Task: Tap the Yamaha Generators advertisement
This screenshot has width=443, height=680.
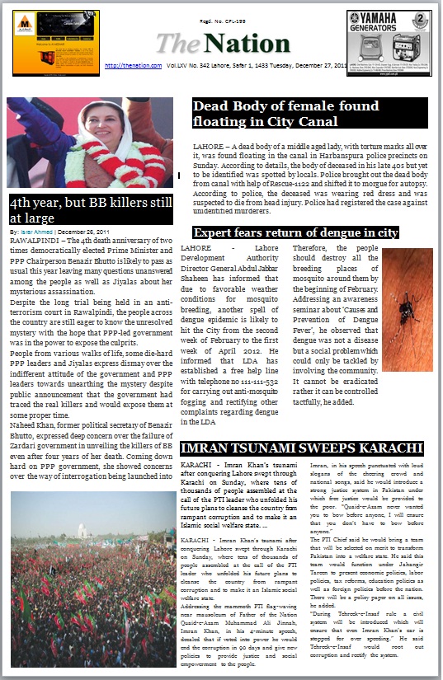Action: (x=389, y=32)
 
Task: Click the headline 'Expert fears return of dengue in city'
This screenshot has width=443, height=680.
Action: (x=295, y=233)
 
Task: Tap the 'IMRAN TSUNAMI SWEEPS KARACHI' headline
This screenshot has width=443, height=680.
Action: (x=301, y=449)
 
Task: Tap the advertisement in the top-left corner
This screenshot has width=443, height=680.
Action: (x=44, y=32)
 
